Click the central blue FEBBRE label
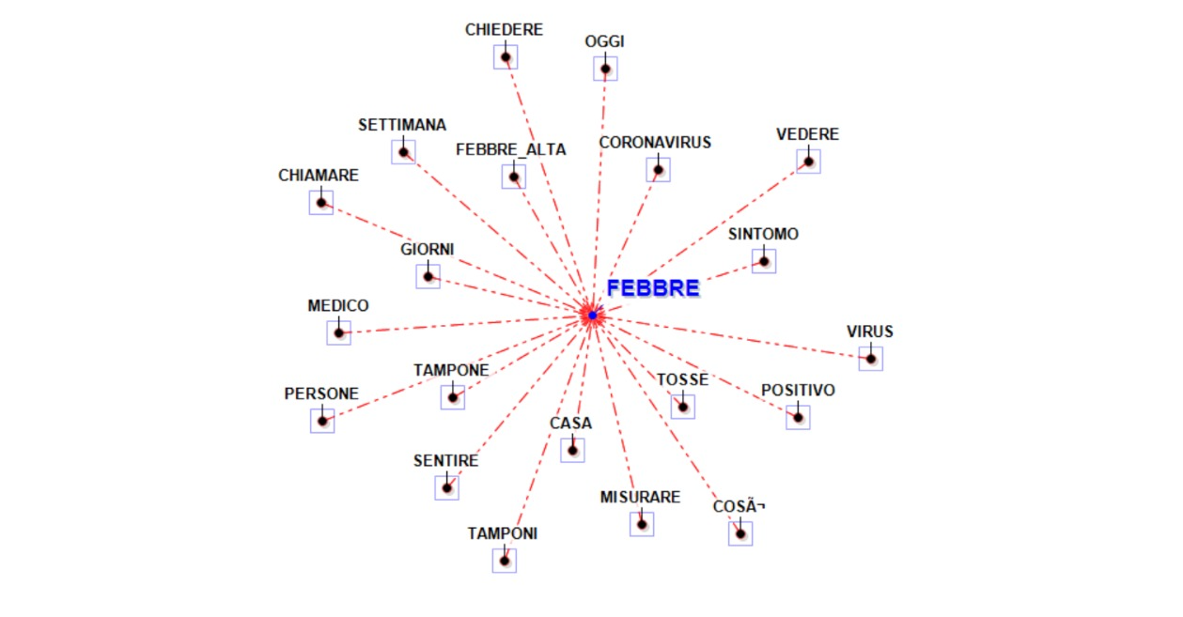(x=653, y=288)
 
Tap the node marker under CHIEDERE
(x=506, y=57)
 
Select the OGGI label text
(x=604, y=41)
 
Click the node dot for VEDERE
(x=808, y=162)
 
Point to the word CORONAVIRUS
(x=655, y=143)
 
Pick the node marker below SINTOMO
(x=764, y=261)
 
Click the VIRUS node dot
(x=871, y=358)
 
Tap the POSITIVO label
(x=798, y=390)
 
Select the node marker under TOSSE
(x=683, y=406)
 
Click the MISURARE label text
(x=640, y=498)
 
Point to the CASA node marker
(x=572, y=450)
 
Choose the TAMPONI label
(x=503, y=533)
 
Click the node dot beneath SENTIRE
(x=447, y=487)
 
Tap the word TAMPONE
(x=451, y=370)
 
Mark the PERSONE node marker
(x=322, y=420)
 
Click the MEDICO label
(x=338, y=306)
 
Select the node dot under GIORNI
(x=428, y=276)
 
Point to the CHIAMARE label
(x=319, y=176)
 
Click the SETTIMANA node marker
(x=403, y=152)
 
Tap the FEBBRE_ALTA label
(x=511, y=149)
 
